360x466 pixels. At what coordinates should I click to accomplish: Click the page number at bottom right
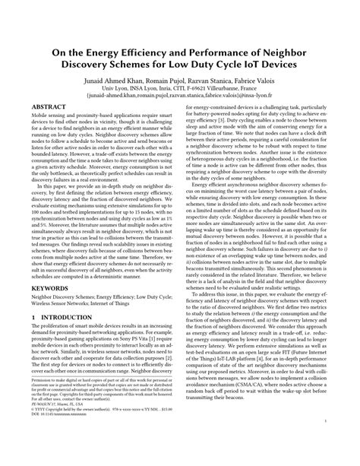(x=325, y=440)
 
